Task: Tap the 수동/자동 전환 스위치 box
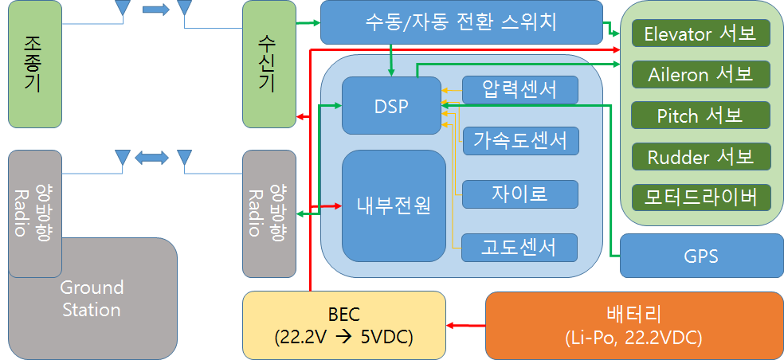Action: pyautogui.click(x=461, y=22)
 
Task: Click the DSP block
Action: pyautogui.click(x=390, y=105)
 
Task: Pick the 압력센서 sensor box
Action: pyautogui.click(x=519, y=89)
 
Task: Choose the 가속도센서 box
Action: pyautogui.click(x=520, y=141)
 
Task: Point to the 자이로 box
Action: pyautogui.click(x=519, y=194)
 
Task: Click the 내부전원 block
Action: pyautogui.click(x=394, y=205)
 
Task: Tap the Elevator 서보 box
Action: pyautogui.click(x=700, y=34)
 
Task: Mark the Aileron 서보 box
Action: pyautogui.click(x=700, y=74)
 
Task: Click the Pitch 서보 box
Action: pyautogui.click(x=700, y=115)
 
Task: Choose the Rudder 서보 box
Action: pyautogui.click(x=700, y=155)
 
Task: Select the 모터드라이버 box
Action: pyautogui.click(x=700, y=196)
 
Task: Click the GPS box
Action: pyautogui.click(x=701, y=256)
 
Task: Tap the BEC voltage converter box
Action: pyautogui.click(x=343, y=325)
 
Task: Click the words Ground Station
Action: pyautogui.click(x=92, y=298)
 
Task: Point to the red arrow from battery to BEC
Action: pyautogui.click(x=466, y=325)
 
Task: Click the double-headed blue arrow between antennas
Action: pyautogui.click(x=151, y=157)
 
